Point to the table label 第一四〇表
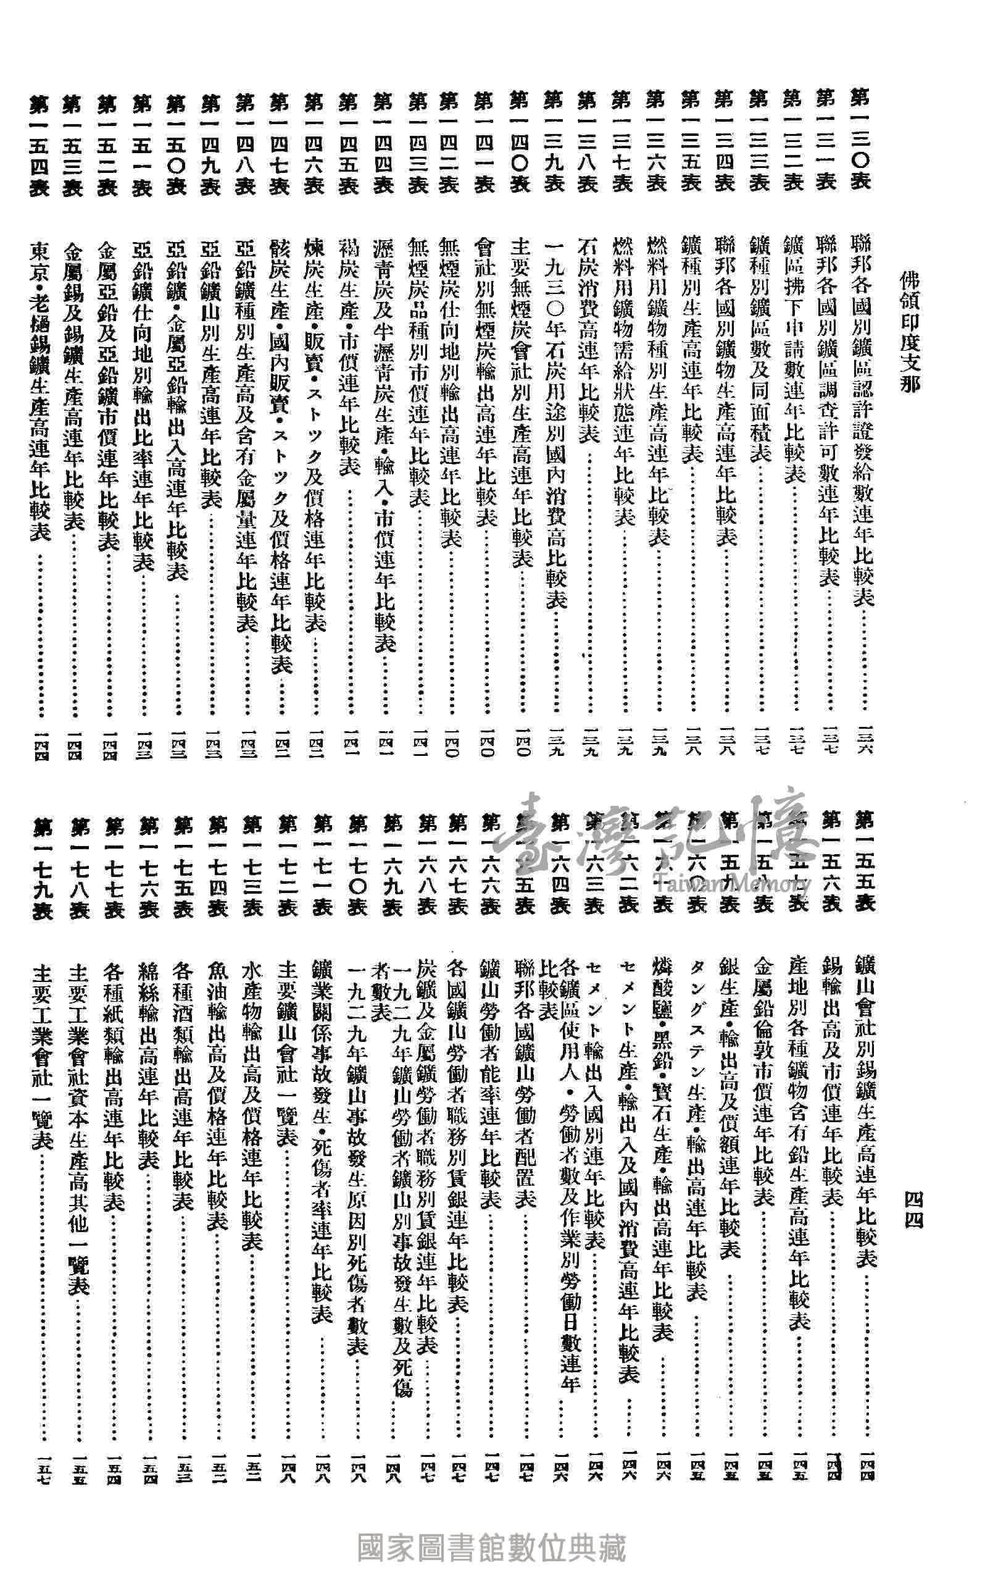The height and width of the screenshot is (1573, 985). click(x=518, y=142)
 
